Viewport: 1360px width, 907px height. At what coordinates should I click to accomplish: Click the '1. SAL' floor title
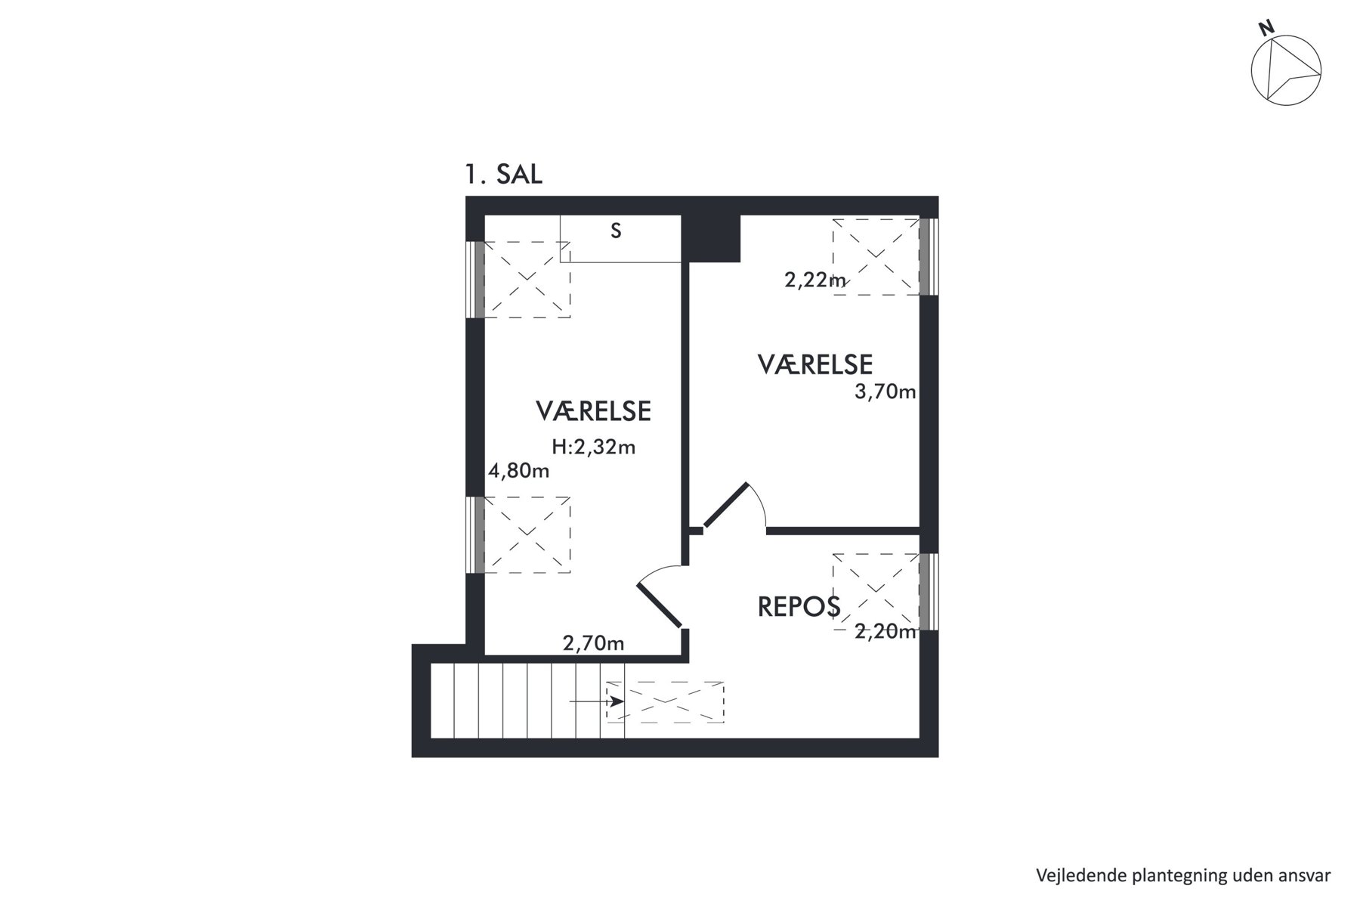(x=503, y=175)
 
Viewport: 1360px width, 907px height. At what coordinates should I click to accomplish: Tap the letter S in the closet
(x=616, y=231)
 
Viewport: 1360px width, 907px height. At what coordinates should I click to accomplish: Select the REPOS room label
(x=799, y=607)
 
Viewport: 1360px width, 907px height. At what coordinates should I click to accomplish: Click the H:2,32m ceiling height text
(x=594, y=447)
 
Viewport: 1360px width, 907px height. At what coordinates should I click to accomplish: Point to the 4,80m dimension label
(x=519, y=472)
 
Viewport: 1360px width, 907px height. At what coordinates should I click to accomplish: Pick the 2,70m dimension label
(x=594, y=644)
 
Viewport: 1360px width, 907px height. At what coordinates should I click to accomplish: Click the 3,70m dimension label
(x=886, y=392)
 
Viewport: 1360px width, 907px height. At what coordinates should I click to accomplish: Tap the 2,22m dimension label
(x=816, y=280)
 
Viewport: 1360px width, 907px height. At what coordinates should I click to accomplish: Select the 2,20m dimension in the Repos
(x=886, y=632)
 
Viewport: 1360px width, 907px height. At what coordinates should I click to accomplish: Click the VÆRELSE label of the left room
(x=594, y=411)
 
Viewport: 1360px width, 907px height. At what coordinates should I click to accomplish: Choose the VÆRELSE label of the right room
(x=815, y=365)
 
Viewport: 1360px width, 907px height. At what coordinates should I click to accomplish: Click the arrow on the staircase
(x=596, y=701)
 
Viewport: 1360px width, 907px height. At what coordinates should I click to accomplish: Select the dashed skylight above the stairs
(x=666, y=702)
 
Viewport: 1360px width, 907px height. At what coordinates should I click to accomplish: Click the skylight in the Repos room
(x=876, y=592)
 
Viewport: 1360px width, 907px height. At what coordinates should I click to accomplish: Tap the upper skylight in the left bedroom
(x=527, y=280)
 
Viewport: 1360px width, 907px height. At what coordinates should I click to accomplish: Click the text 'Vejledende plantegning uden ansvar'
(x=1183, y=876)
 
